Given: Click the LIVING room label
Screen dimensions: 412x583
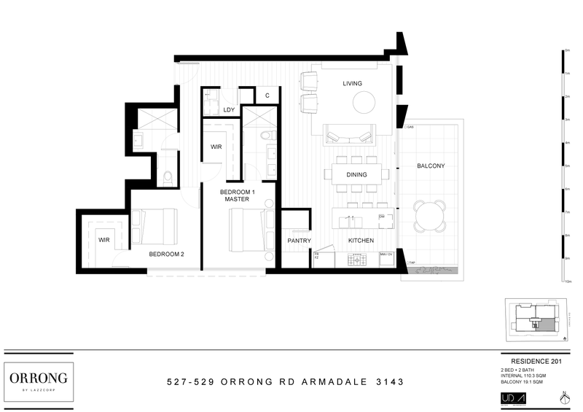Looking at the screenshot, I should coord(353,84).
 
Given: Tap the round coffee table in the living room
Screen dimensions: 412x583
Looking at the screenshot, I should coord(365,104).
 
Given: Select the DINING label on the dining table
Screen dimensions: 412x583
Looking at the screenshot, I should coord(356,175).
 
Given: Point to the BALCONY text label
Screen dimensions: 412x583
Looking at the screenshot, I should coord(431,166).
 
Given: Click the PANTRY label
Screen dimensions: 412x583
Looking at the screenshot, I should coord(299,241).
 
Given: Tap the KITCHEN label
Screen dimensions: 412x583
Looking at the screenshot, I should coord(361,241).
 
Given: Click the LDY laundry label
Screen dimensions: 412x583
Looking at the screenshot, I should coord(229,110).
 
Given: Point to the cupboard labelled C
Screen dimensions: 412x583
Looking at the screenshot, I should coord(267,96).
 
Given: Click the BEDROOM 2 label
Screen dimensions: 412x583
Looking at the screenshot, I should coord(167,254).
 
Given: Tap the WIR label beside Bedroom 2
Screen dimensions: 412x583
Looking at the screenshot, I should coord(104,239).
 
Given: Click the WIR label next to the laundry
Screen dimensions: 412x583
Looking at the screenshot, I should coord(216,147).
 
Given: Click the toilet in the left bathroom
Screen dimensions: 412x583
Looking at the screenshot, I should coord(168,176).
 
